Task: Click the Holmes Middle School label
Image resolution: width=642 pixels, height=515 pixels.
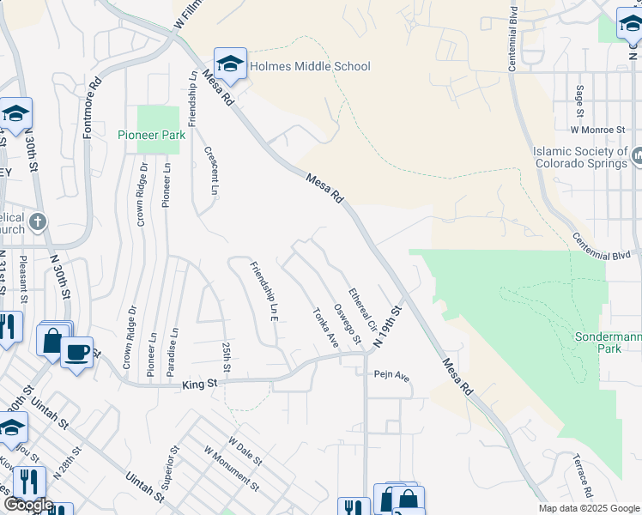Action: pos(311,66)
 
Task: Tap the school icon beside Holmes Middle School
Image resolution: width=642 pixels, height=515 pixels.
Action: pos(230,64)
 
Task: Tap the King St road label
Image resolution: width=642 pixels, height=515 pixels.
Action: pos(198,385)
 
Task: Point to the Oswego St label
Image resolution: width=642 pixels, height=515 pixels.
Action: pos(346,324)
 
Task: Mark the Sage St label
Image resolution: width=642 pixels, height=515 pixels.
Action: pos(580,101)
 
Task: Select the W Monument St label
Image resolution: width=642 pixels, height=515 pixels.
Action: pos(232,469)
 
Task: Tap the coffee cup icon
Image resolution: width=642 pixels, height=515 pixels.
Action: pos(76,352)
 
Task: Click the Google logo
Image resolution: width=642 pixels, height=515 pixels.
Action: pos(28,505)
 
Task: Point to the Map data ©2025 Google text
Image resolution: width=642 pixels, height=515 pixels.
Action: pos(588,508)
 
